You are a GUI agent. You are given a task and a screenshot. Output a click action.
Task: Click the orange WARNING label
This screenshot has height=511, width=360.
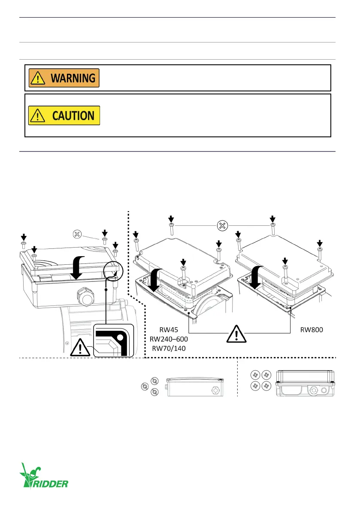(x=64, y=78)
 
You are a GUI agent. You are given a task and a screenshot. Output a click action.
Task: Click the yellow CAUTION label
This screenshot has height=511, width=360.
(x=64, y=115)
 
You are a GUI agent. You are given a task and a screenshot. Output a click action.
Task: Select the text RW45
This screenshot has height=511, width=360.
(x=169, y=331)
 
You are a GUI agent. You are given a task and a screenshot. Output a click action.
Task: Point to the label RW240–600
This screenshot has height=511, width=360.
(x=169, y=339)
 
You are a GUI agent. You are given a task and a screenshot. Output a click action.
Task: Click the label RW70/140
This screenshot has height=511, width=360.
(x=169, y=348)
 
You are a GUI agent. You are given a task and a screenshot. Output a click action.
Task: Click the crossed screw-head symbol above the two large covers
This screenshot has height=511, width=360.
(x=222, y=225)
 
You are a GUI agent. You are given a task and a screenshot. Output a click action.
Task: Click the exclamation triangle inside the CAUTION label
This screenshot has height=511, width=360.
(x=38, y=116)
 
